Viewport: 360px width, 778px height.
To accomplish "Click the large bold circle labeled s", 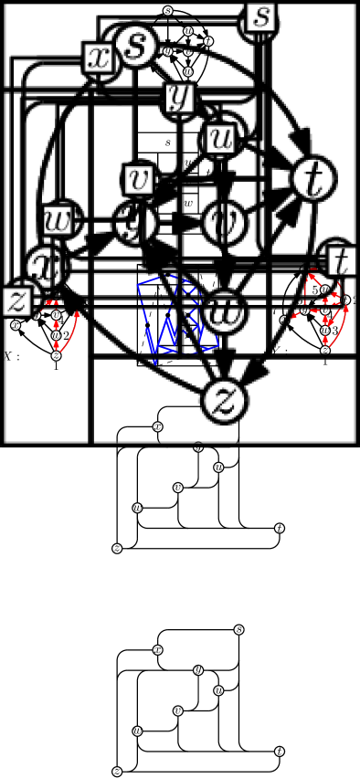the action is pyautogui.click(x=134, y=47).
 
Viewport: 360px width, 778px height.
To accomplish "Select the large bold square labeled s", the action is pyautogui.click(x=260, y=16).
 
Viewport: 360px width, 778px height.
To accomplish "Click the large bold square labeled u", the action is pyautogui.click(x=222, y=139).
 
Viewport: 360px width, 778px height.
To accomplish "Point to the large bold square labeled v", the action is pyautogui.click(x=141, y=179).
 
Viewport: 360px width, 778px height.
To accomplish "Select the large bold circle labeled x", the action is pyautogui.click(x=41, y=265).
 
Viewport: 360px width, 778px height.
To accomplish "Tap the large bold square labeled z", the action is pyautogui.click(x=17, y=300).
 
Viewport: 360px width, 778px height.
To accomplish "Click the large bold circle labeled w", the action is pyautogui.click(x=222, y=310).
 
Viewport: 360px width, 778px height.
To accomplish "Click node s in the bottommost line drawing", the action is pyautogui.click(x=239, y=629).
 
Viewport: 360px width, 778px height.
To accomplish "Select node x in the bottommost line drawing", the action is pyautogui.click(x=157, y=649).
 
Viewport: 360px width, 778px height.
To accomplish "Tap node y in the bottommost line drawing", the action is pyautogui.click(x=198, y=669).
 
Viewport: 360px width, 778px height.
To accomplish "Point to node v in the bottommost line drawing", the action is pyautogui.click(x=177, y=710).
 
